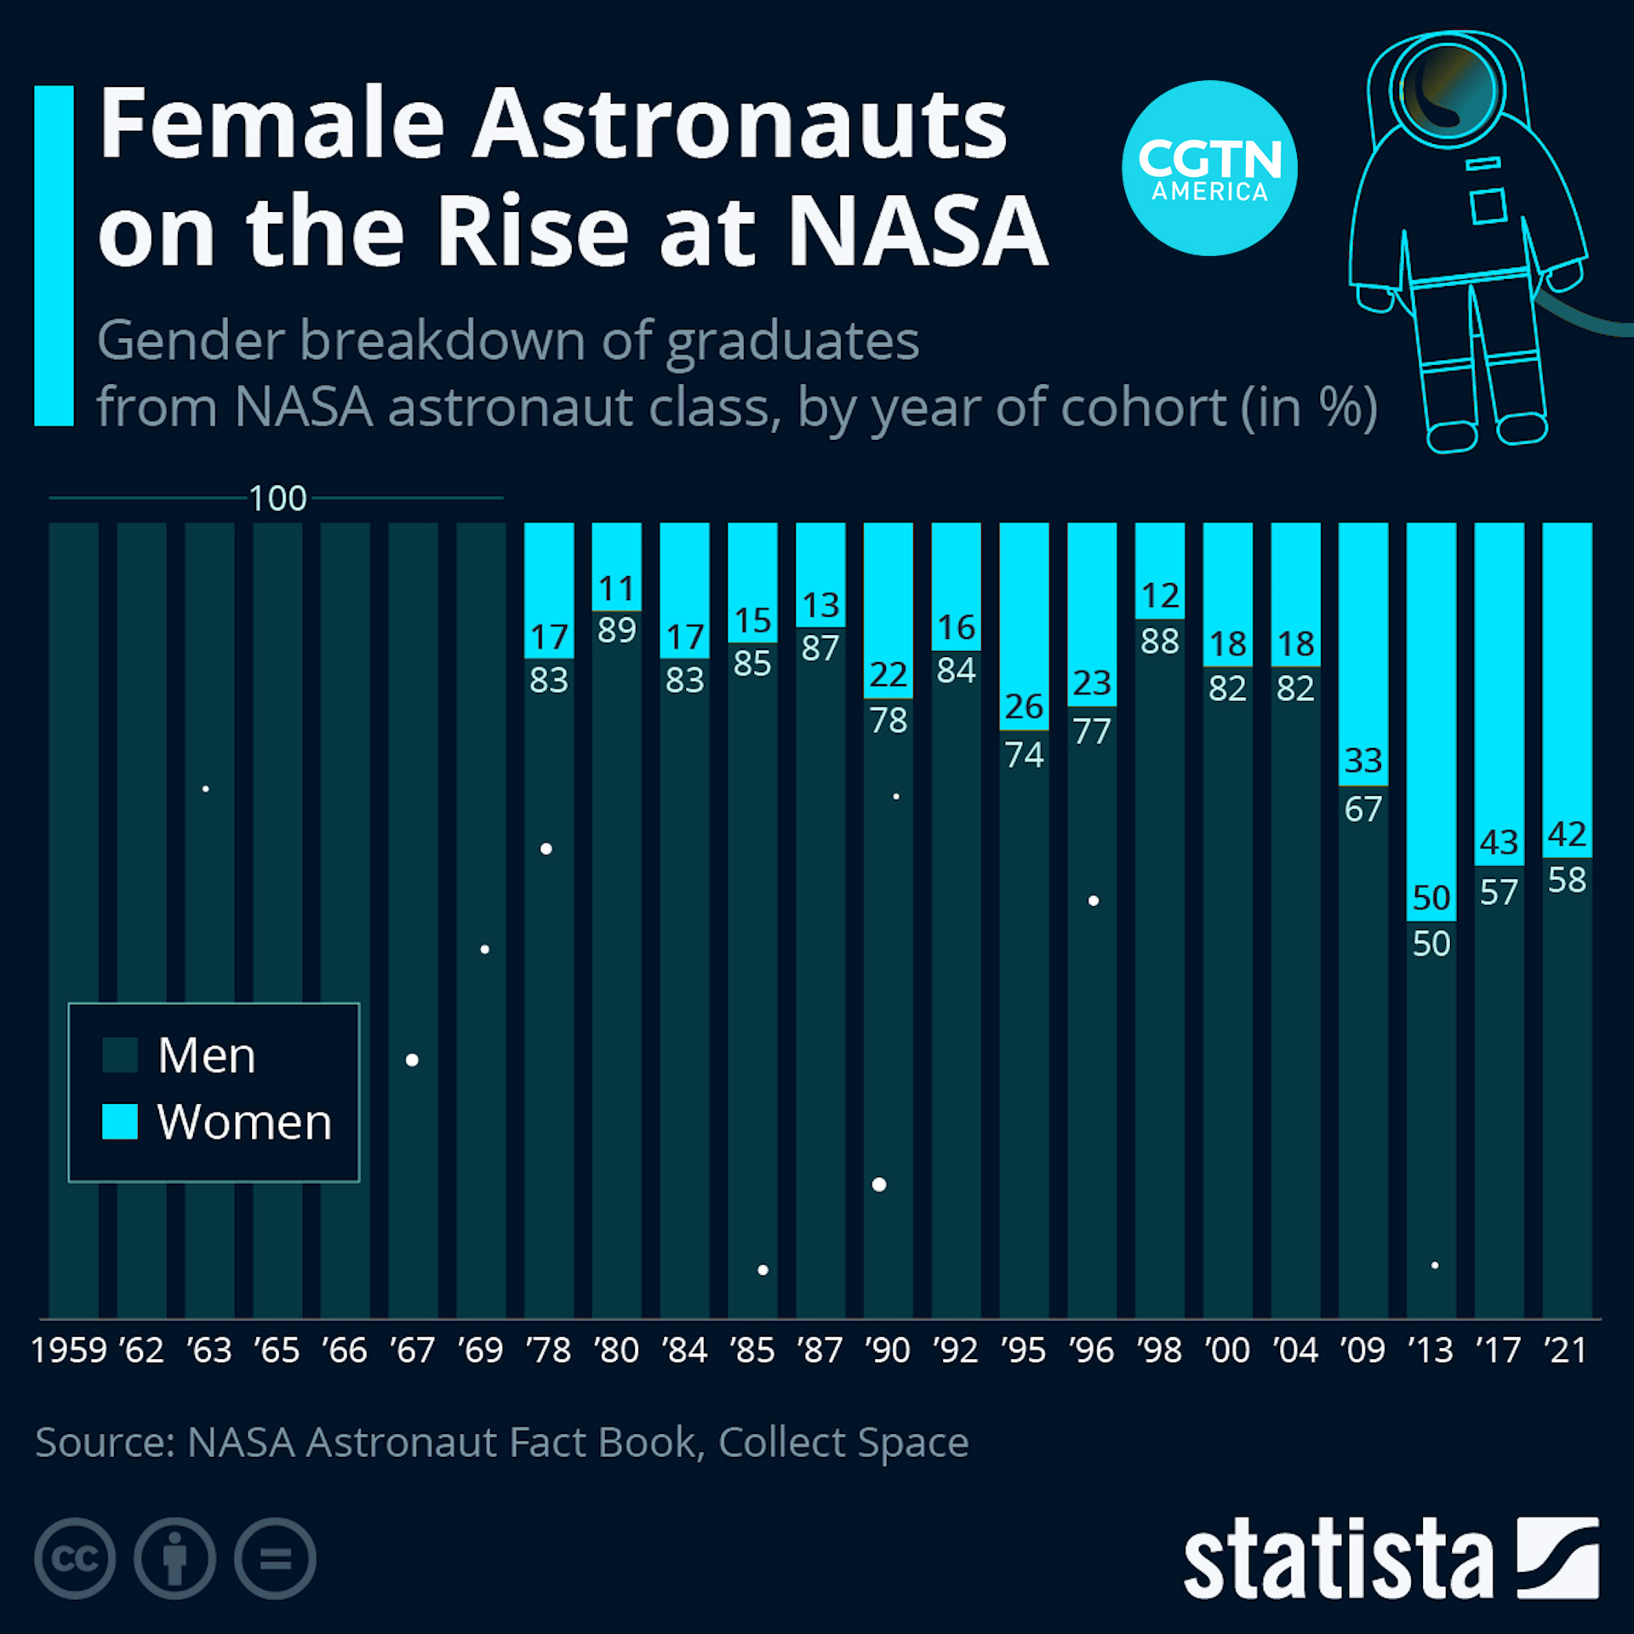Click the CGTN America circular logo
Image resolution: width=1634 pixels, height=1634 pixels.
[x=1208, y=168]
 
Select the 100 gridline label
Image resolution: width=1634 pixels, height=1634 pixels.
[x=277, y=499]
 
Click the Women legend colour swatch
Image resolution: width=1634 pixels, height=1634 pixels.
[x=120, y=1122]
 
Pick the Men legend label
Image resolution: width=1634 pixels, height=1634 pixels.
[x=207, y=1056]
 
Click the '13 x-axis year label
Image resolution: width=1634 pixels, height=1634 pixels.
[x=1431, y=1351]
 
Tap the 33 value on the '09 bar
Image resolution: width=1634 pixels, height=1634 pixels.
[x=1363, y=760]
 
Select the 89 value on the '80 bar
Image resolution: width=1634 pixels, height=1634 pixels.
[x=617, y=631]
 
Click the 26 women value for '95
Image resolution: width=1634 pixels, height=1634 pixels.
[x=1024, y=706]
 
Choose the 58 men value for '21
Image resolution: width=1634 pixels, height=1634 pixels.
[x=1567, y=880]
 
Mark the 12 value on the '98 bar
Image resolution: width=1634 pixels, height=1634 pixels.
[x=1160, y=596]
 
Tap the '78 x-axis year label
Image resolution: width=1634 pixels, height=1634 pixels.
[x=549, y=1351]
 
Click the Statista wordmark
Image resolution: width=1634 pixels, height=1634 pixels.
[x=1338, y=1560]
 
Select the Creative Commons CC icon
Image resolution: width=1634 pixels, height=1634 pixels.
[x=75, y=1558]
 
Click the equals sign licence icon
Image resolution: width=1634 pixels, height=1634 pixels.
[x=275, y=1558]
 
